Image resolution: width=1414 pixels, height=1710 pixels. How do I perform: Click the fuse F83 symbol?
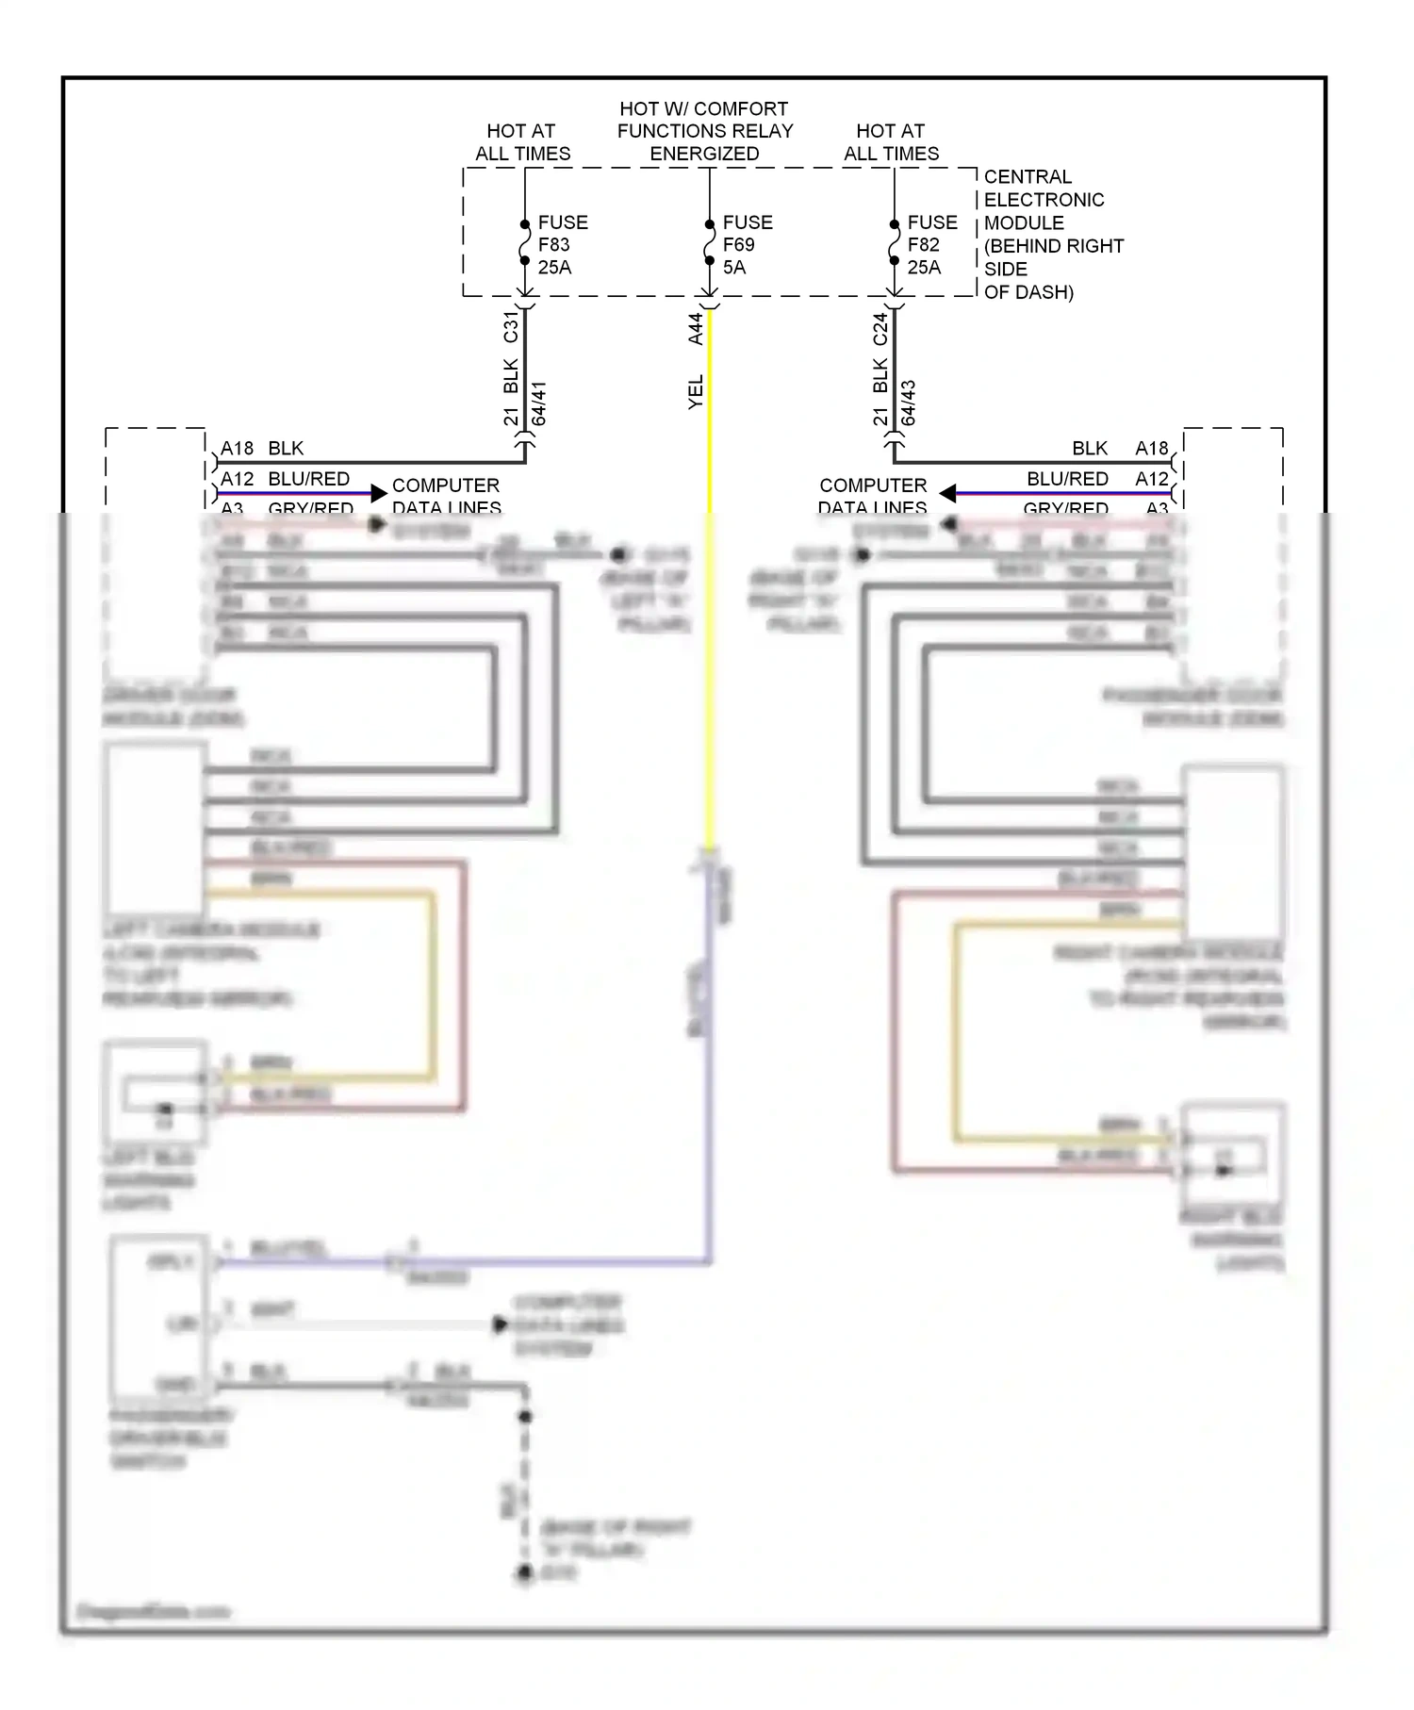525,243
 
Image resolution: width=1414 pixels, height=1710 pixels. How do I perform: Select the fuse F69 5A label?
748,245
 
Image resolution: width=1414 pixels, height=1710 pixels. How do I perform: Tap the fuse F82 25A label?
931,245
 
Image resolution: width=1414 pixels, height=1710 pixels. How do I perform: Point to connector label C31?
511,326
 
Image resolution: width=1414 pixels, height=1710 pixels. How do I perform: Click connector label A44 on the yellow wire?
696,328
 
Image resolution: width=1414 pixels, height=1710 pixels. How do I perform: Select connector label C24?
880,328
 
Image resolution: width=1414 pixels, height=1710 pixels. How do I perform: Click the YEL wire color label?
696,392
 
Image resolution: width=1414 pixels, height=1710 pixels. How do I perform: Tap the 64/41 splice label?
539,403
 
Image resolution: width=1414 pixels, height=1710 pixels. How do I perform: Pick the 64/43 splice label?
909,403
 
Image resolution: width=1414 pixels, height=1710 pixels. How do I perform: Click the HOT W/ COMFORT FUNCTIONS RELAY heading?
705,131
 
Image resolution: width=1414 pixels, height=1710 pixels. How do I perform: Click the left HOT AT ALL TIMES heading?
522,142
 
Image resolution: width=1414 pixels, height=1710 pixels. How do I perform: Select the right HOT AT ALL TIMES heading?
891,142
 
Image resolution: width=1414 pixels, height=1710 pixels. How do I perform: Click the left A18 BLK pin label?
262,449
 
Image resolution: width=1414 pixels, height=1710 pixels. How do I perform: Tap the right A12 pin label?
1151,479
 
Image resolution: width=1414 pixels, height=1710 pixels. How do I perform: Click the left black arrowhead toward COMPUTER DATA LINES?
379,493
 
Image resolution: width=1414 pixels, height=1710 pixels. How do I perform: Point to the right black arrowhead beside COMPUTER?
948,493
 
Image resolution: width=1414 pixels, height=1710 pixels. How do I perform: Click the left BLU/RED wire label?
308,479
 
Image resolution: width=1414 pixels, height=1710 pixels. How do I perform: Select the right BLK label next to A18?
1090,449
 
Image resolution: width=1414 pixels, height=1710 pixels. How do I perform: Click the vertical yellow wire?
710,613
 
